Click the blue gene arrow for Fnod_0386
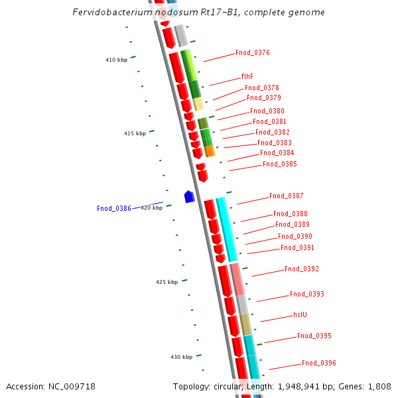tap(189, 196)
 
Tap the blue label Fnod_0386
tap(114, 209)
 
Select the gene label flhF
tap(247, 76)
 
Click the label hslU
tap(300, 315)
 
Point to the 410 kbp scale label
tap(116, 60)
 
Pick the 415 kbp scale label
tap(135, 134)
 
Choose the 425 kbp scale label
tap(166, 283)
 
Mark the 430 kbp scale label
tap(181, 358)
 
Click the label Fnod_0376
tap(253, 53)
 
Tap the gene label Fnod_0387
tap(287, 196)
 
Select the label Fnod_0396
tap(319, 364)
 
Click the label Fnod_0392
tap(302, 269)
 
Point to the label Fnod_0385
tap(280, 165)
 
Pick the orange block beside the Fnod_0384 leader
tap(210, 151)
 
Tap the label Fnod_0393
tap(307, 295)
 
